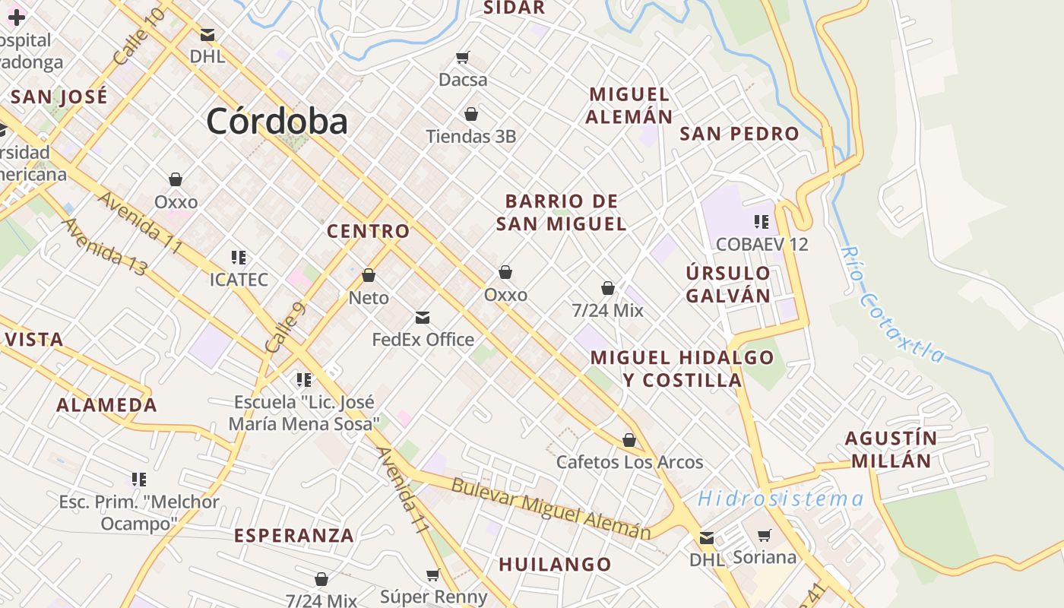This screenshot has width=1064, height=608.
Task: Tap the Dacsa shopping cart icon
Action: [x=463, y=58]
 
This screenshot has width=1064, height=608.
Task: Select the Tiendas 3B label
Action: [x=470, y=137]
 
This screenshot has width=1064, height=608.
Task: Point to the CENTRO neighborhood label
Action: [x=368, y=231]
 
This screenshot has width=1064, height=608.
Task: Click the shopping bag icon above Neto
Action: [x=369, y=275]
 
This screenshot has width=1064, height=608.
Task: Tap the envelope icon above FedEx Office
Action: [x=423, y=318]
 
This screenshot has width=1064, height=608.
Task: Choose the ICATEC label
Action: [x=239, y=280]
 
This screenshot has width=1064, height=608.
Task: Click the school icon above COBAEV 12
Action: [x=761, y=222]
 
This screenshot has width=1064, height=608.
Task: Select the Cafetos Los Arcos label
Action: [x=629, y=462]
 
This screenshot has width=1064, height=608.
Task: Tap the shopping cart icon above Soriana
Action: [x=765, y=535]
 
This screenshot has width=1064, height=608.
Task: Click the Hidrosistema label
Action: [x=781, y=499]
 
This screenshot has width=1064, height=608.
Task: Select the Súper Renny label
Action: [x=433, y=597]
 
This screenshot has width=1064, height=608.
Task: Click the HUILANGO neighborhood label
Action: [x=555, y=565]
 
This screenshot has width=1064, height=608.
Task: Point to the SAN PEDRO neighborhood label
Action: [x=739, y=135]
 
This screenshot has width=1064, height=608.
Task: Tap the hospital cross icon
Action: [x=16, y=17]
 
